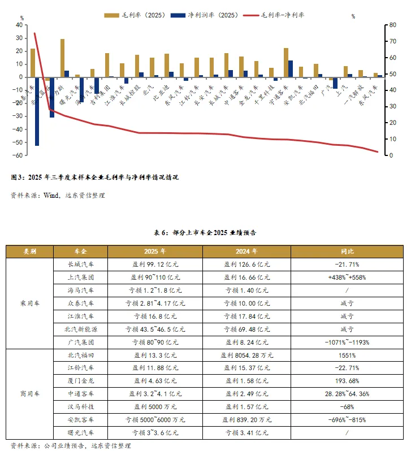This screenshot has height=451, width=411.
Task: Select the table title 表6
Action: pos(205,232)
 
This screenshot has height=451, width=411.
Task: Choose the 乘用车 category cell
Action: pos(30,303)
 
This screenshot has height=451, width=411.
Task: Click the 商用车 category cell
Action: pos(30,394)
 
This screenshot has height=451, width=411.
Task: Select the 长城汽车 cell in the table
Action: pos(80,264)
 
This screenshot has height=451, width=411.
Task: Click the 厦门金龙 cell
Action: pos(80,381)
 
